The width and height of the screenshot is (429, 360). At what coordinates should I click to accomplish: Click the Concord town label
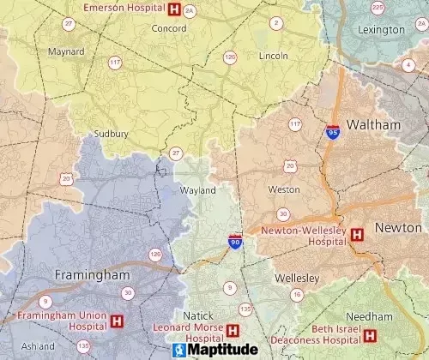pyautogui.click(x=168, y=28)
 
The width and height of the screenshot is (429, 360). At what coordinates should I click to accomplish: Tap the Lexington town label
pyautogui.click(x=382, y=29)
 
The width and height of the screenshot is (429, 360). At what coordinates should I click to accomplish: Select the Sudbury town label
pyautogui.click(x=111, y=134)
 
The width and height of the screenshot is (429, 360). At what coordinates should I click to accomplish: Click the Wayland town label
pyautogui.click(x=196, y=190)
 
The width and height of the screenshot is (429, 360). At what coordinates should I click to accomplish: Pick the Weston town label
pyautogui.click(x=284, y=189)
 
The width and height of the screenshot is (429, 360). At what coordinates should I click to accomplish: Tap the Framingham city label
pyautogui.click(x=91, y=275)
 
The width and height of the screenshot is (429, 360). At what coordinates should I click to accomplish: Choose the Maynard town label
pyautogui.click(x=66, y=51)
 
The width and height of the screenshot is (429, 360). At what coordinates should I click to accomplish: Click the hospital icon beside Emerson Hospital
pyautogui.click(x=174, y=9)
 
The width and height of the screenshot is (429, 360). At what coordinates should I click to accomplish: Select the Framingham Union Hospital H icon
pyautogui.click(x=117, y=321)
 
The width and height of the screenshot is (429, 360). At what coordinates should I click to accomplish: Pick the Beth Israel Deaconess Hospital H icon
pyautogui.click(x=371, y=335)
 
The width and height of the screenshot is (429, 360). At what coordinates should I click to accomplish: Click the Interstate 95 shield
pyautogui.click(x=332, y=131)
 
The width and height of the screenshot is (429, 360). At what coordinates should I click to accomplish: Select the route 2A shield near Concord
pyautogui.click(x=189, y=10)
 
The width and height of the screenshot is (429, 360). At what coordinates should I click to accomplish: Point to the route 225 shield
pyautogui.click(x=378, y=8)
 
